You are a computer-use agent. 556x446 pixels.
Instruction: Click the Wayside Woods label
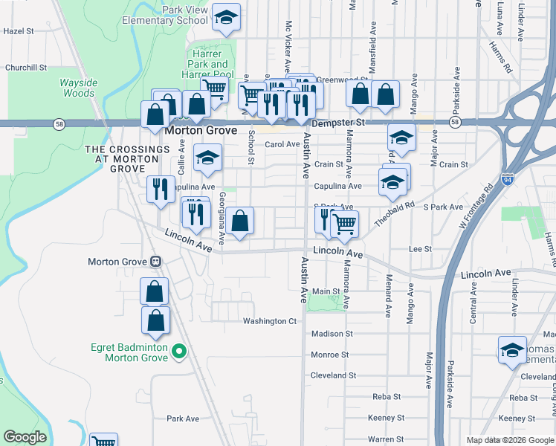pos(77,88)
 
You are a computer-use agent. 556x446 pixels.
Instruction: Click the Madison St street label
pos(332,334)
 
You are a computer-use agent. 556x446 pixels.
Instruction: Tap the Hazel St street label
pos(19,31)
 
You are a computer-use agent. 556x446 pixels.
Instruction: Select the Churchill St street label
pos(26,68)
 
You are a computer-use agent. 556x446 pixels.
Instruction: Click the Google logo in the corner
pos(25,437)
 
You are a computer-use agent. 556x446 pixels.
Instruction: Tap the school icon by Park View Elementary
pos(226,18)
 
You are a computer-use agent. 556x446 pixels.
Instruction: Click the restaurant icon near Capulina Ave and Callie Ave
pos(160,189)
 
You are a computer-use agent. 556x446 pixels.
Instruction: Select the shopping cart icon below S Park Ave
pos(344,224)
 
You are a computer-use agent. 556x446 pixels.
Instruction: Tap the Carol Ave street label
pos(282,144)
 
